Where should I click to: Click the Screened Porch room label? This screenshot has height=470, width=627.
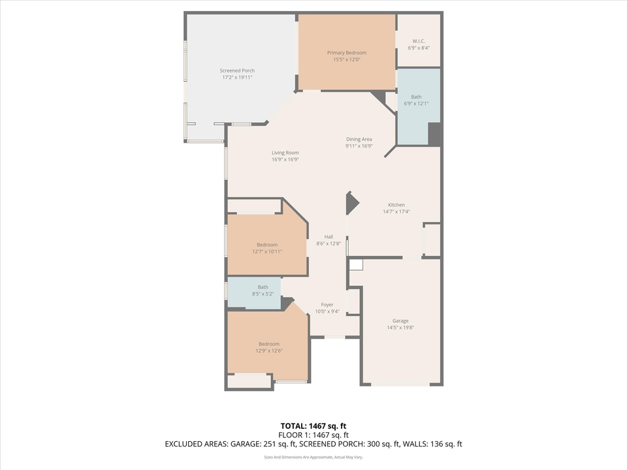[237, 70]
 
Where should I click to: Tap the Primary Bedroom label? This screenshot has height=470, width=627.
[346, 53]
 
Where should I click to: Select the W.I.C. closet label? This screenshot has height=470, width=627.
[419, 41]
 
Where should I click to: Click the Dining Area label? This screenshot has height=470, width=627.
[359, 139]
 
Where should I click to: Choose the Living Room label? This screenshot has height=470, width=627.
[285, 153]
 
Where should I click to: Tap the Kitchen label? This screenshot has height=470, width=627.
[396, 205]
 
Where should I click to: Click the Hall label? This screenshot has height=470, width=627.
[329, 237]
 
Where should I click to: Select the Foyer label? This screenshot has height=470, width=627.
[327, 305]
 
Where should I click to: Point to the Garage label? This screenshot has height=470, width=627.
[400, 321]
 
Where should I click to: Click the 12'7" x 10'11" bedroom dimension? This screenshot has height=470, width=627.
[266, 251]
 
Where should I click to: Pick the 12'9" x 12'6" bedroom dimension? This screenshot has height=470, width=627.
[268, 351]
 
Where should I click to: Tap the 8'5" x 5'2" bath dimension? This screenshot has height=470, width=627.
[263, 294]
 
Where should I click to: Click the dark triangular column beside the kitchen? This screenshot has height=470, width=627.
[351, 203]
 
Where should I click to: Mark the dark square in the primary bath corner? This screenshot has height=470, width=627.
[435, 134]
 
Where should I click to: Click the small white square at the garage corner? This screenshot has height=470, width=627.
[356, 265]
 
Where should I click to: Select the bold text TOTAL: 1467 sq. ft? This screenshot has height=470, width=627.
[313, 426]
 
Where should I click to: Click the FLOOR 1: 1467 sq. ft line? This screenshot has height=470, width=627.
[313, 435]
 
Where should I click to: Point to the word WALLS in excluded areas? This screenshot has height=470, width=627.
[413, 444]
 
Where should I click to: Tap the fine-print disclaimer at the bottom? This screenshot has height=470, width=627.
[313, 458]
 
